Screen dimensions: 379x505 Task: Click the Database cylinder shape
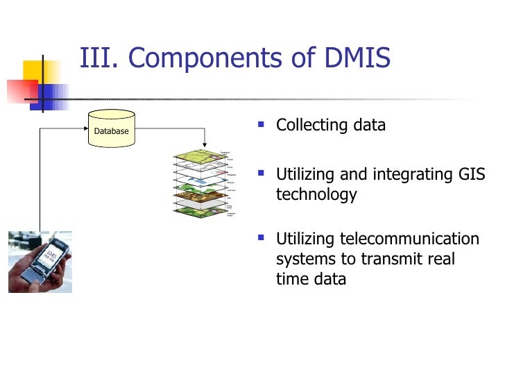110,129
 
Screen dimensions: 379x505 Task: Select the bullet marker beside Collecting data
261,126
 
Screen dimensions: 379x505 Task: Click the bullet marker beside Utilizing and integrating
261,174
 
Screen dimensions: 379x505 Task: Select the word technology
316,194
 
